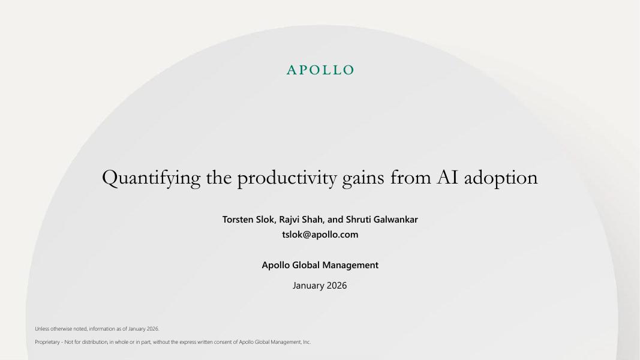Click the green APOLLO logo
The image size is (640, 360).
pyautogui.click(x=320, y=70)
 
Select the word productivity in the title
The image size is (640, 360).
pyautogui.click(x=287, y=178)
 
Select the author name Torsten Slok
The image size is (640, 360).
pyautogui.click(x=248, y=220)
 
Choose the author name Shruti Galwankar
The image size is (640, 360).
pyautogui.click(x=381, y=220)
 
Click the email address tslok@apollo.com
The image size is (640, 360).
pyautogui.click(x=320, y=235)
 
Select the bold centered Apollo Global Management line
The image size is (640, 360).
pyautogui.click(x=320, y=265)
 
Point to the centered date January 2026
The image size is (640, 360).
pyautogui.click(x=320, y=286)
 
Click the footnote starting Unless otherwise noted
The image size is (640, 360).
pyautogui.click(x=97, y=329)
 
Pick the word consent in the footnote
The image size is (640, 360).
pyautogui.click(x=224, y=342)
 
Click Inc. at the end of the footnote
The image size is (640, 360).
pyautogui.click(x=307, y=342)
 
